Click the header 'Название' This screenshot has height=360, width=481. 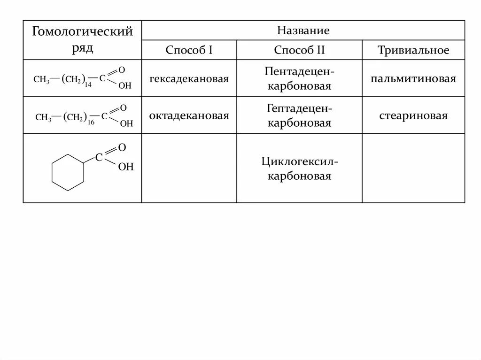click(x=303, y=31)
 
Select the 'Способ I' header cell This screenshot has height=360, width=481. click(x=189, y=50)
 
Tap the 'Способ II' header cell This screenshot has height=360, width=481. click(x=299, y=50)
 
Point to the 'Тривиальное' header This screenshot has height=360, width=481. click(x=413, y=50)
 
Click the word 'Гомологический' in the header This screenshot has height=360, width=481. click(x=82, y=32)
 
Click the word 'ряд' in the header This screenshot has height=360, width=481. click(x=82, y=48)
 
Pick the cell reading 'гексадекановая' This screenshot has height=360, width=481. click(x=189, y=78)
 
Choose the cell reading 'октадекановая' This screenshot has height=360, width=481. click(x=189, y=115)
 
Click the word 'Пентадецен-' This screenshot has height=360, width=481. click(x=299, y=72)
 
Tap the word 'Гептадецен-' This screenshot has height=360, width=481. click(x=299, y=109)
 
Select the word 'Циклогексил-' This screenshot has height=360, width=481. click(x=299, y=162)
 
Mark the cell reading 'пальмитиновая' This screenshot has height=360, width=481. click(x=413, y=78)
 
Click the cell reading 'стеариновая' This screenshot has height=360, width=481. click(x=413, y=115)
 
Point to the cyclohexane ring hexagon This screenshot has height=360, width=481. click(x=68, y=171)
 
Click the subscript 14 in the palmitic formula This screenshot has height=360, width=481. click(x=88, y=85)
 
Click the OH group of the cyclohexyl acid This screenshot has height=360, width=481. click(x=125, y=167)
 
